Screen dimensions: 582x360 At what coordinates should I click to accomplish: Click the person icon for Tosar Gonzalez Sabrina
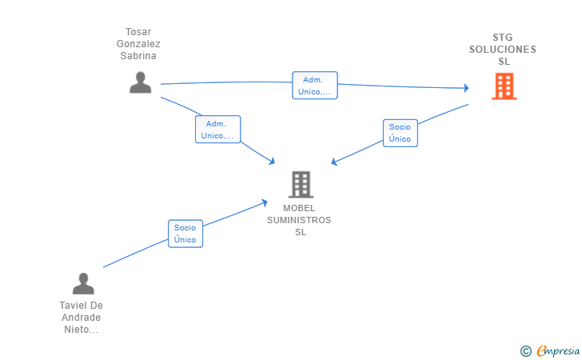tap(141, 82)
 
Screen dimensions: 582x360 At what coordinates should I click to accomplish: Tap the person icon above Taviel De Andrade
tap(83, 283)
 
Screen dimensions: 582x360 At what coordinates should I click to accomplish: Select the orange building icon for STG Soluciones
tap(504, 86)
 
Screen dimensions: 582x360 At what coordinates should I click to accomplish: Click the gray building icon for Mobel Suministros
tap(301, 184)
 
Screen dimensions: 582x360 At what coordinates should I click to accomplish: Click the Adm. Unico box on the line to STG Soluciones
tap(315, 86)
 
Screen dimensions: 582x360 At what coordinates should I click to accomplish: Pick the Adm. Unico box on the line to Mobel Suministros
tap(218, 130)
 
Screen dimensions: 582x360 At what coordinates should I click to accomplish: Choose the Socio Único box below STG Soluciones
tap(400, 133)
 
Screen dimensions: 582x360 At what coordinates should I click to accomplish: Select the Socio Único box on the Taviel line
tap(185, 234)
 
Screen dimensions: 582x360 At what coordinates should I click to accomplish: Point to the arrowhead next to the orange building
tap(467, 88)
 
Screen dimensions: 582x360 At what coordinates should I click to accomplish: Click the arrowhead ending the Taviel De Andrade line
tap(265, 203)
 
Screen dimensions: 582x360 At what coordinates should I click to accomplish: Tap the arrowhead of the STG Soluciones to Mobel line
tap(333, 162)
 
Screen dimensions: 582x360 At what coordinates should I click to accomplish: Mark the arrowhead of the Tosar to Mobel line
tap(272, 162)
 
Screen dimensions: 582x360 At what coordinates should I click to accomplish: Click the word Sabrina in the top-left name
tap(138, 56)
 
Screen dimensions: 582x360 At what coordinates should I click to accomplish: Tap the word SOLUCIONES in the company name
tap(503, 50)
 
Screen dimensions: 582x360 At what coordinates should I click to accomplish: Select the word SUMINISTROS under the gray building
tap(299, 220)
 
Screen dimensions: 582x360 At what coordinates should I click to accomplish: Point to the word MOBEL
tap(299, 208)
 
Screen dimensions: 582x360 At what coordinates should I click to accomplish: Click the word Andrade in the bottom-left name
tap(82, 318)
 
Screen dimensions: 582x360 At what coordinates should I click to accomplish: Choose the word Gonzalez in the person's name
tap(138, 44)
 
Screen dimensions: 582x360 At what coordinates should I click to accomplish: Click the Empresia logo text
tap(558, 350)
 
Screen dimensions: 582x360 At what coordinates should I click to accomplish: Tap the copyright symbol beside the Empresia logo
tap(526, 351)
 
